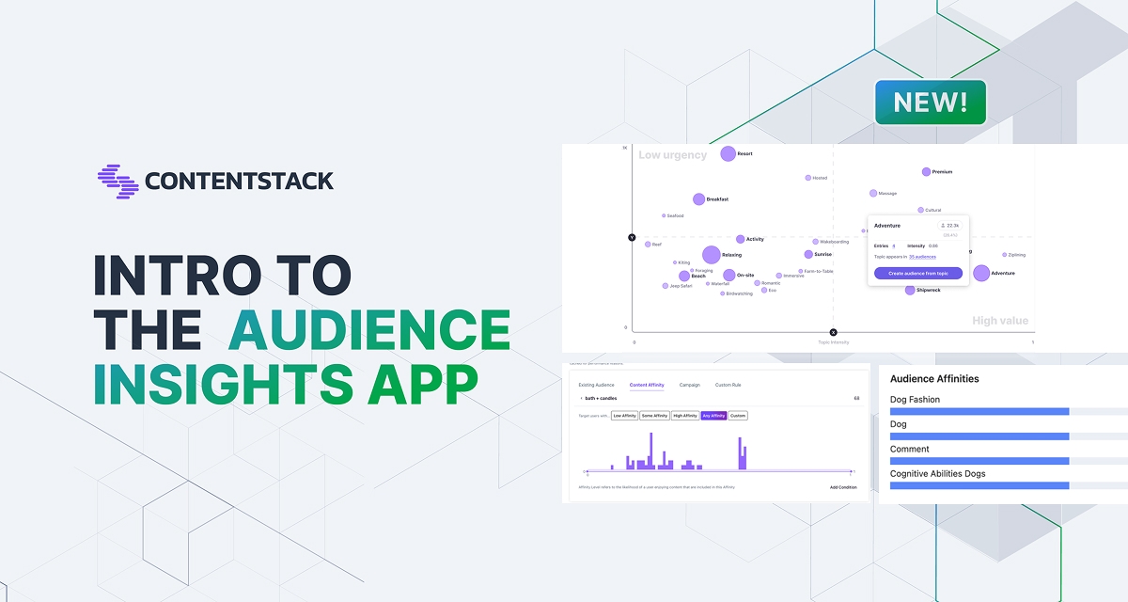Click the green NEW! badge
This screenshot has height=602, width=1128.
[930, 103]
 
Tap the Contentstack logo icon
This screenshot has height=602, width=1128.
[117, 182]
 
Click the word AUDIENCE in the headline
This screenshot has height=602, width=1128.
[370, 329]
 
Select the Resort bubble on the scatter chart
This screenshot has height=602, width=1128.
[728, 153]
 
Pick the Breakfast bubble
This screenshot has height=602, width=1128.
[698, 199]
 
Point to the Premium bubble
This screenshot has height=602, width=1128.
[926, 172]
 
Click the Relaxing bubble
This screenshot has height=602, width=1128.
[711, 254]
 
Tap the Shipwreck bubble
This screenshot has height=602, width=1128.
[910, 290]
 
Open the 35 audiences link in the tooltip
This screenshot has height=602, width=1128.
[922, 257]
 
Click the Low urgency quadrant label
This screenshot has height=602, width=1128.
[672, 155]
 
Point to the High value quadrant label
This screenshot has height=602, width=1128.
[1000, 321]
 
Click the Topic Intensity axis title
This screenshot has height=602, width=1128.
[833, 342]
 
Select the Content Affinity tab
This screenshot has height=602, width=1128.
[647, 385]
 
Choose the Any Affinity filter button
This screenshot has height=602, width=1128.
[713, 416]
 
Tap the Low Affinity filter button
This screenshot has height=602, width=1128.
[624, 416]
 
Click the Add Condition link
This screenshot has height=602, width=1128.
[843, 487]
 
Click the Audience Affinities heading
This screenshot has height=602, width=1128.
[934, 379]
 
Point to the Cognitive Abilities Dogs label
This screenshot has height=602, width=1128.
[937, 474]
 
